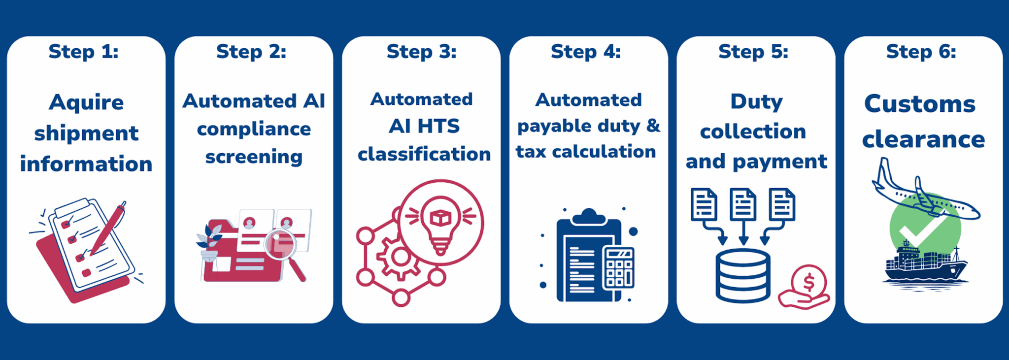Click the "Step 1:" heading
(83, 52)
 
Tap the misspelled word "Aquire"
(86, 103)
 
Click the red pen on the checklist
(109, 229)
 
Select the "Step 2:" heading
(251, 52)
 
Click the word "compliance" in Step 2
(254, 130)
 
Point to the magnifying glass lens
(280, 243)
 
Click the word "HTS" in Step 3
(438, 127)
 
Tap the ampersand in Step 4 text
(653, 126)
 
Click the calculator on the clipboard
(618, 268)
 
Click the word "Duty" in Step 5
(756, 102)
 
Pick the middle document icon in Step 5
(743, 204)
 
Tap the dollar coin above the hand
(808, 282)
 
